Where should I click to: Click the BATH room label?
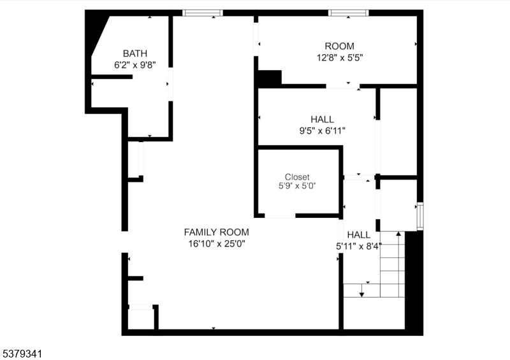click(135, 54)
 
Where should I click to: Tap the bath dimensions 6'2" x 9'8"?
click(135, 64)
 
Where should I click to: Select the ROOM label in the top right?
click(339, 46)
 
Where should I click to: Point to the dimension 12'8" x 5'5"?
click(339, 57)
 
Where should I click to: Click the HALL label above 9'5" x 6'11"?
click(322, 119)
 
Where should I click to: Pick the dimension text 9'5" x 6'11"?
click(322, 131)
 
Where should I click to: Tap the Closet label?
click(297, 176)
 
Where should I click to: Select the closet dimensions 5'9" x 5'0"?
click(297, 186)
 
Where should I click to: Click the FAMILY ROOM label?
click(216, 232)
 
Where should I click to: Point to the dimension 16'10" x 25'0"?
click(216, 243)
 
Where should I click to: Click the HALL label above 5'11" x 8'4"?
click(358, 234)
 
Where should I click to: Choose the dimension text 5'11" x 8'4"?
click(358, 246)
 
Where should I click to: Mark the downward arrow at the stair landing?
click(361, 292)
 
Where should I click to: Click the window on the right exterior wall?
click(419, 216)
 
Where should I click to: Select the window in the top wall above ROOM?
click(348, 13)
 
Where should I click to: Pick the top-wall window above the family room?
click(203, 13)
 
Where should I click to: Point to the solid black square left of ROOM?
click(268, 78)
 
